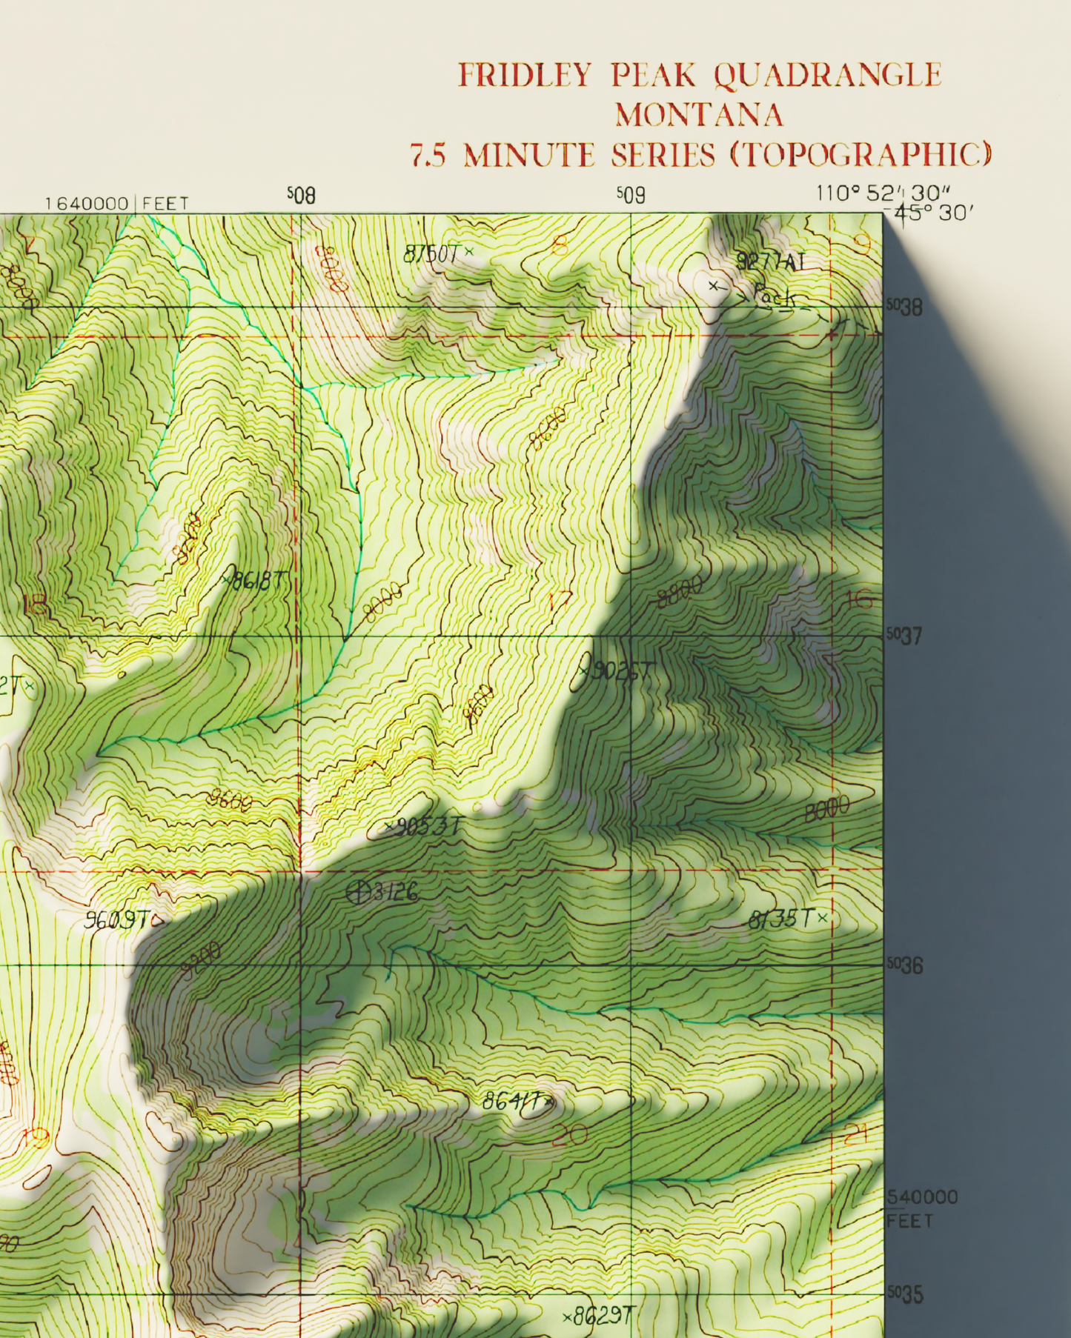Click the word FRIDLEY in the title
pyautogui.click(x=524, y=75)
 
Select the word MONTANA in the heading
pyautogui.click(x=699, y=115)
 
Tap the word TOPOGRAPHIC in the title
pyautogui.click(x=860, y=155)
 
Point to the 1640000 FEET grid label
pyautogui.click(x=116, y=203)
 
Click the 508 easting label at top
pyautogui.click(x=302, y=196)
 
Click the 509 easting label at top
pyautogui.click(x=631, y=196)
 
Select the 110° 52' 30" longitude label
pyautogui.click(x=882, y=193)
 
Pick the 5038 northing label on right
pyautogui.click(x=905, y=307)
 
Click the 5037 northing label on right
pyautogui.click(x=905, y=636)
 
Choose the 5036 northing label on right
pyautogui.click(x=905, y=966)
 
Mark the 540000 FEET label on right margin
pyautogui.click(x=922, y=1208)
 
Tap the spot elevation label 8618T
pyautogui.click(x=256, y=581)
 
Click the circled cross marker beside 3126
pyautogui.click(x=359, y=893)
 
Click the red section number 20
pyautogui.click(x=569, y=1134)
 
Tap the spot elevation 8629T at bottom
pyautogui.click(x=599, y=1317)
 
